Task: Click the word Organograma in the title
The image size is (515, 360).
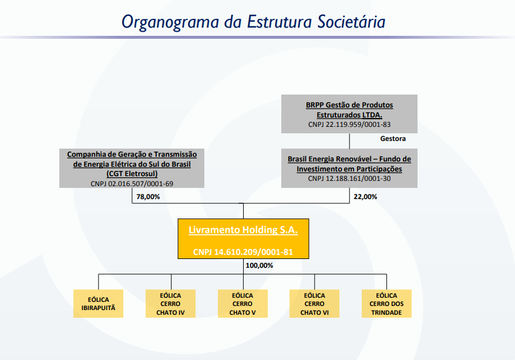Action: coord(170,22)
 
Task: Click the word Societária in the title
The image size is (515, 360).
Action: coord(351,22)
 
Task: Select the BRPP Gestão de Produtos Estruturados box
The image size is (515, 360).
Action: coord(349,114)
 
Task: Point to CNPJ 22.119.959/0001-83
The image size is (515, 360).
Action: coord(349,125)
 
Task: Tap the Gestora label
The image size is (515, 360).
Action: coord(393,139)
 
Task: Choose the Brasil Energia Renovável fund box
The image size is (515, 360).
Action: coord(349,168)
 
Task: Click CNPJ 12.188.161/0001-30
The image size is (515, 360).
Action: coord(349,179)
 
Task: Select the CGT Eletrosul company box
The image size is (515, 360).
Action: coord(132,168)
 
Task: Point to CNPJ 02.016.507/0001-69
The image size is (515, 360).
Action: coord(132,184)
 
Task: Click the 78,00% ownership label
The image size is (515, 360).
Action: coord(148,197)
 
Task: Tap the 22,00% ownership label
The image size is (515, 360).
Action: coord(365,197)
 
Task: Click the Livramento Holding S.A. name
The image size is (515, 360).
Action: coord(243,230)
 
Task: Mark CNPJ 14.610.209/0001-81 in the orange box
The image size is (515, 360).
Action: coord(243,252)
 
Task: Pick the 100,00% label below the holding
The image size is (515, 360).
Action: coord(259,265)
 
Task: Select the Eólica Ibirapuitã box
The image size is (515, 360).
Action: coord(98,304)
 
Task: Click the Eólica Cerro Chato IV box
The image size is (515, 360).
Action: coord(170,304)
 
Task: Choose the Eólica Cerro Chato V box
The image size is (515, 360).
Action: coord(243,304)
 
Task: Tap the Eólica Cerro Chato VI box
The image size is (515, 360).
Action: coord(314,304)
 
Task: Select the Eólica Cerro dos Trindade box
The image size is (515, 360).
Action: coord(386,304)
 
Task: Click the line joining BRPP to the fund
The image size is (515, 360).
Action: coord(349,141)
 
